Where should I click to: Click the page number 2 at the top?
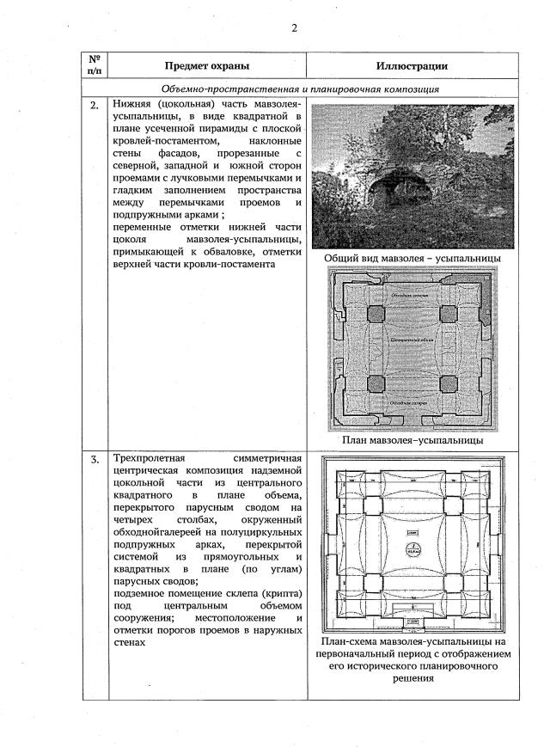[x=294, y=28]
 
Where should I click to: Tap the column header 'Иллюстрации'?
[x=412, y=66]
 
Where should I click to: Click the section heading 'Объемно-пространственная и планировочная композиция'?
[x=300, y=89]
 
